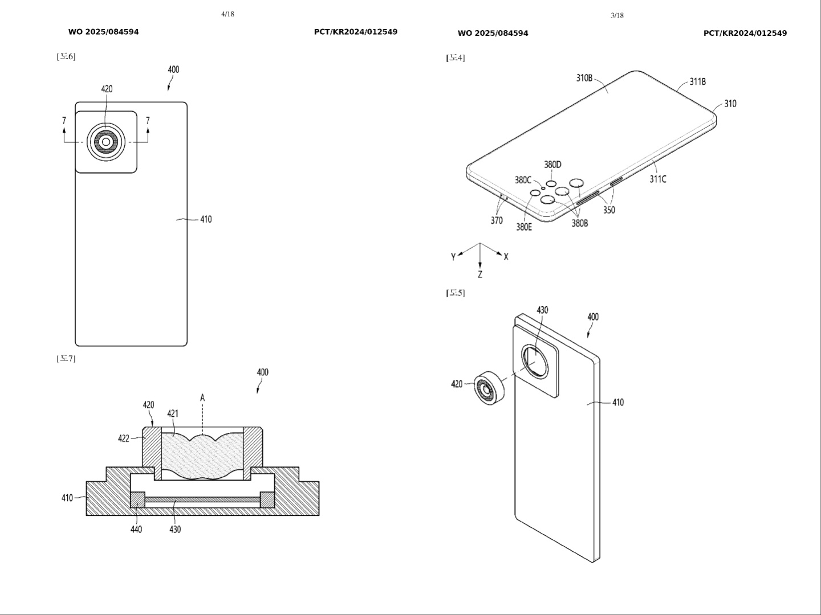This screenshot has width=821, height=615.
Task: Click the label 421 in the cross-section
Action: tap(173, 413)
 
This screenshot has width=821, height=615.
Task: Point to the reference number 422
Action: tap(124, 438)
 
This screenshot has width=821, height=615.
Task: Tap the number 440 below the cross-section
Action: tap(136, 529)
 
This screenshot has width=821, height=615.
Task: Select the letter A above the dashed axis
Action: tap(202, 397)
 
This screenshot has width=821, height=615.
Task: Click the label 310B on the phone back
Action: tap(584, 78)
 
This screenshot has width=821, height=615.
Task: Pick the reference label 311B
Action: tap(697, 81)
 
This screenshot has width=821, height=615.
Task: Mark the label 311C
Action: tap(658, 179)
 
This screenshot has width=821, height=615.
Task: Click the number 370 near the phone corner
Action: tap(497, 220)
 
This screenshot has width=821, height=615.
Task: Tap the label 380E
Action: tap(524, 227)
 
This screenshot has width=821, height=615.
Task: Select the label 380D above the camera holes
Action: tap(552, 165)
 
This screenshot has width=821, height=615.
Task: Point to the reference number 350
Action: tap(609, 210)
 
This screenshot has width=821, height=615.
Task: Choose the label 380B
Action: tap(580, 223)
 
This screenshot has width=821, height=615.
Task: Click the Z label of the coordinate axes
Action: tap(480, 274)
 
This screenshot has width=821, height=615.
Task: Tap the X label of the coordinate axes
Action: tap(506, 257)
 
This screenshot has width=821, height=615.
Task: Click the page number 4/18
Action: tap(227, 14)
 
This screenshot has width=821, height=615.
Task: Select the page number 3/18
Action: tap(617, 15)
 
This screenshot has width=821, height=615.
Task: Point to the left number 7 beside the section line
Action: tap(64, 121)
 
